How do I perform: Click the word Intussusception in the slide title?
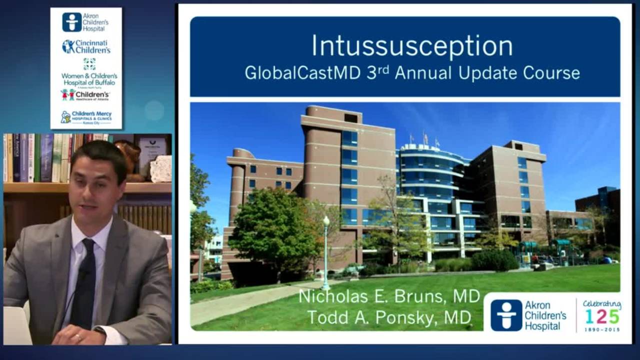pos(412,46)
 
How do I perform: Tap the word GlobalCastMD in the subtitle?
pos(302,73)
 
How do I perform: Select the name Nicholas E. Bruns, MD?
pos(389,296)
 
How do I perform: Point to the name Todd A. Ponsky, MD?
pos(389,317)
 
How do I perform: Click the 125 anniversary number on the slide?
pos(602,316)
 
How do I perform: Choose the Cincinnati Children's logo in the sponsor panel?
pos(86,46)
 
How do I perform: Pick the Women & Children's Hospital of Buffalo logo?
pos(89,72)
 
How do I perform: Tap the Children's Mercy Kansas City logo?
pos(86,117)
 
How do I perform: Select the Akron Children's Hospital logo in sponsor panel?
pos(86,22)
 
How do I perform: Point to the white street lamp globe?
pos(326,220)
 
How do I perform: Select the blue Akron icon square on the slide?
pos(506,315)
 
